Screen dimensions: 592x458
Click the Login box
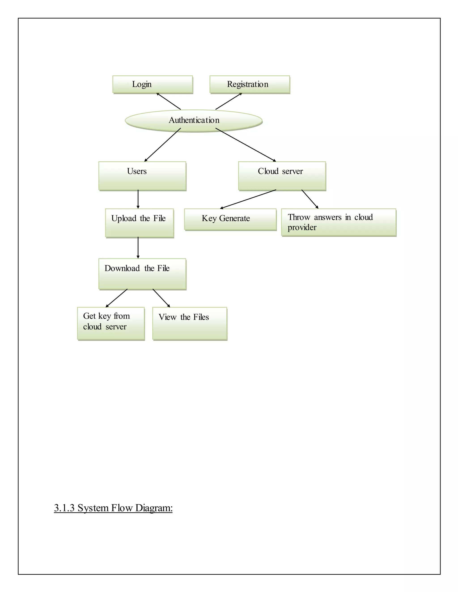click(153, 85)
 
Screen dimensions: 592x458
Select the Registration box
click(250, 85)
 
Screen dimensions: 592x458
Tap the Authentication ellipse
click(194, 121)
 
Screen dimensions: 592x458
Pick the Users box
click(142, 176)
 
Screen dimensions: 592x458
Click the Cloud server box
click(282, 176)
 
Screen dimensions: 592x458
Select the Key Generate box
click(230, 219)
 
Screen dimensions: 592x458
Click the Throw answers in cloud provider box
click(339, 222)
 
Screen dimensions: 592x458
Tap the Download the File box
click(142, 274)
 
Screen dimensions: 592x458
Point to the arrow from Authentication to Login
click(168, 101)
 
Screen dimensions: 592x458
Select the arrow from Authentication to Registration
click(229, 101)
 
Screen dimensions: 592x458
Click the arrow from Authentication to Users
click(163, 145)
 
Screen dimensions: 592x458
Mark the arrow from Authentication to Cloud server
click(246, 145)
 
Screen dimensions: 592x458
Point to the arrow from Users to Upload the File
click(138, 199)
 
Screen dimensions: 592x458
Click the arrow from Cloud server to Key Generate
click(248, 199)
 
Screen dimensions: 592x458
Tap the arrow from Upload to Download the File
click(138, 248)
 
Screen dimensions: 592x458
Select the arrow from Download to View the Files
click(161, 298)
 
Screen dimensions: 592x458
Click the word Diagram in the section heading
click(154, 508)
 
